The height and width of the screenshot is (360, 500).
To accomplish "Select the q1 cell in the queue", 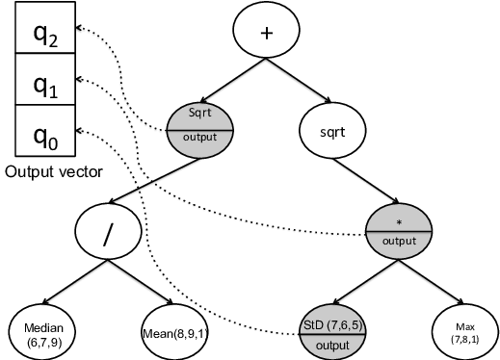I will pos(46,85).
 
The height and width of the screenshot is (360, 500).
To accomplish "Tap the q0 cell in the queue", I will pos(46,132).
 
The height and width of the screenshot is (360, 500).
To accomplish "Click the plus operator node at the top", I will pos(268,32).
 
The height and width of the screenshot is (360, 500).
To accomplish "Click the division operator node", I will pos(109,232).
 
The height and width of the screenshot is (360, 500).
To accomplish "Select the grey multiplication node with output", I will pos(398,232).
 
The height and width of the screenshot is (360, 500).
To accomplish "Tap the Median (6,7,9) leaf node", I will pos(43,332).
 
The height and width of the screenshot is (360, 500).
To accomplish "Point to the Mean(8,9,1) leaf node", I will pos(174,332).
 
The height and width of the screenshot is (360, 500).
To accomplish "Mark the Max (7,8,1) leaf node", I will pos(465,332).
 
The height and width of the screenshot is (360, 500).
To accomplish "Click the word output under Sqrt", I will pos(200,137).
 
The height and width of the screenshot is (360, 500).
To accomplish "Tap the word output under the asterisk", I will pos(398,241).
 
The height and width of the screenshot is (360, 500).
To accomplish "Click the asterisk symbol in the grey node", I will pos(398,222).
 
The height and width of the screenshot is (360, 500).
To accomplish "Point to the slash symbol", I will pos(109,232).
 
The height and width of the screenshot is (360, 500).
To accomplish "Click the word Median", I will pos(43,326).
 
